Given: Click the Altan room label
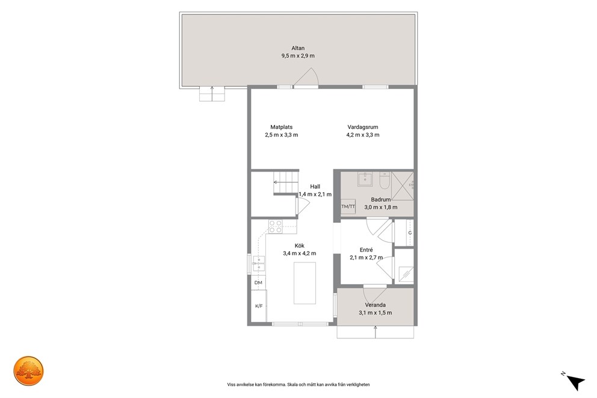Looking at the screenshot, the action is pos(298,48).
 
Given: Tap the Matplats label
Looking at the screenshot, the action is pos(282,127).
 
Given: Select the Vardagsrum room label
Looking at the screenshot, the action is pos(362,127).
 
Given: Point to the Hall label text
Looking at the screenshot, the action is pos(315,187).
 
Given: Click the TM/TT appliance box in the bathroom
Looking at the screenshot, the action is pos(348,207).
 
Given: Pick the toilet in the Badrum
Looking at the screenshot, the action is pos(384,180).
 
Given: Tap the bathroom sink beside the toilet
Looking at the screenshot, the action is pos(365,179).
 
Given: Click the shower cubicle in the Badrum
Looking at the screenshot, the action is pos(403,186).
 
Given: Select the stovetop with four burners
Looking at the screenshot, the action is pos(275,226).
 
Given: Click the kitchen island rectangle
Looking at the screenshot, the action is pos(305,283).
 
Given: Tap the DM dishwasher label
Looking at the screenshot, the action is pos(258,282).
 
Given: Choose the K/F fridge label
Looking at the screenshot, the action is pos(259,306).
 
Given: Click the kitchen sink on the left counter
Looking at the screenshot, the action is pos(259,264).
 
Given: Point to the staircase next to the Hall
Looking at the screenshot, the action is pos(286,183).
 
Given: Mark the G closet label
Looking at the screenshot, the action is pos(410,232).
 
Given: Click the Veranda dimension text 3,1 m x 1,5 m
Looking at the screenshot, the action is pos(375,313).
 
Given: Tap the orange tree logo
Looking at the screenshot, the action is pos(28,371).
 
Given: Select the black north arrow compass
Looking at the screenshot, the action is pos(575,381).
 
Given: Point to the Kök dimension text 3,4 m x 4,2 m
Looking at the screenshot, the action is pos(299,253).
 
